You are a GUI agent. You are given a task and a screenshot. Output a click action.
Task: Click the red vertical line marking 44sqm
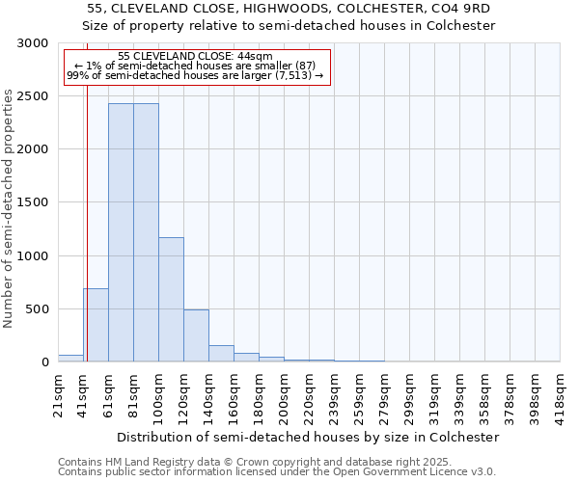click(87, 222)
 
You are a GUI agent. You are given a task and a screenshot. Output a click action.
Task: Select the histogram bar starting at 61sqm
click(121, 231)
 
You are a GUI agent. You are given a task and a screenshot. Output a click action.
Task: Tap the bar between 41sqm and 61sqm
click(96, 325)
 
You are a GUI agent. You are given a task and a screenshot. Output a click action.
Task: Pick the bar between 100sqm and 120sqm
click(171, 299)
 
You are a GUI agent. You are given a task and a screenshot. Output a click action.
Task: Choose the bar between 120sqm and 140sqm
click(196, 335)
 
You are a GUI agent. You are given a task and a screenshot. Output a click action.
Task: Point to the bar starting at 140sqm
click(221, 353)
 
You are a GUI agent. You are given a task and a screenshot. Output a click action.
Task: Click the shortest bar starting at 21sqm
click(70, 359)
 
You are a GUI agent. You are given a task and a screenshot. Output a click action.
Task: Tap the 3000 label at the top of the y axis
click(32, 43)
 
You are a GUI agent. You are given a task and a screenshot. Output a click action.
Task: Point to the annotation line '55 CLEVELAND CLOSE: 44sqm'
click(195, 57)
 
